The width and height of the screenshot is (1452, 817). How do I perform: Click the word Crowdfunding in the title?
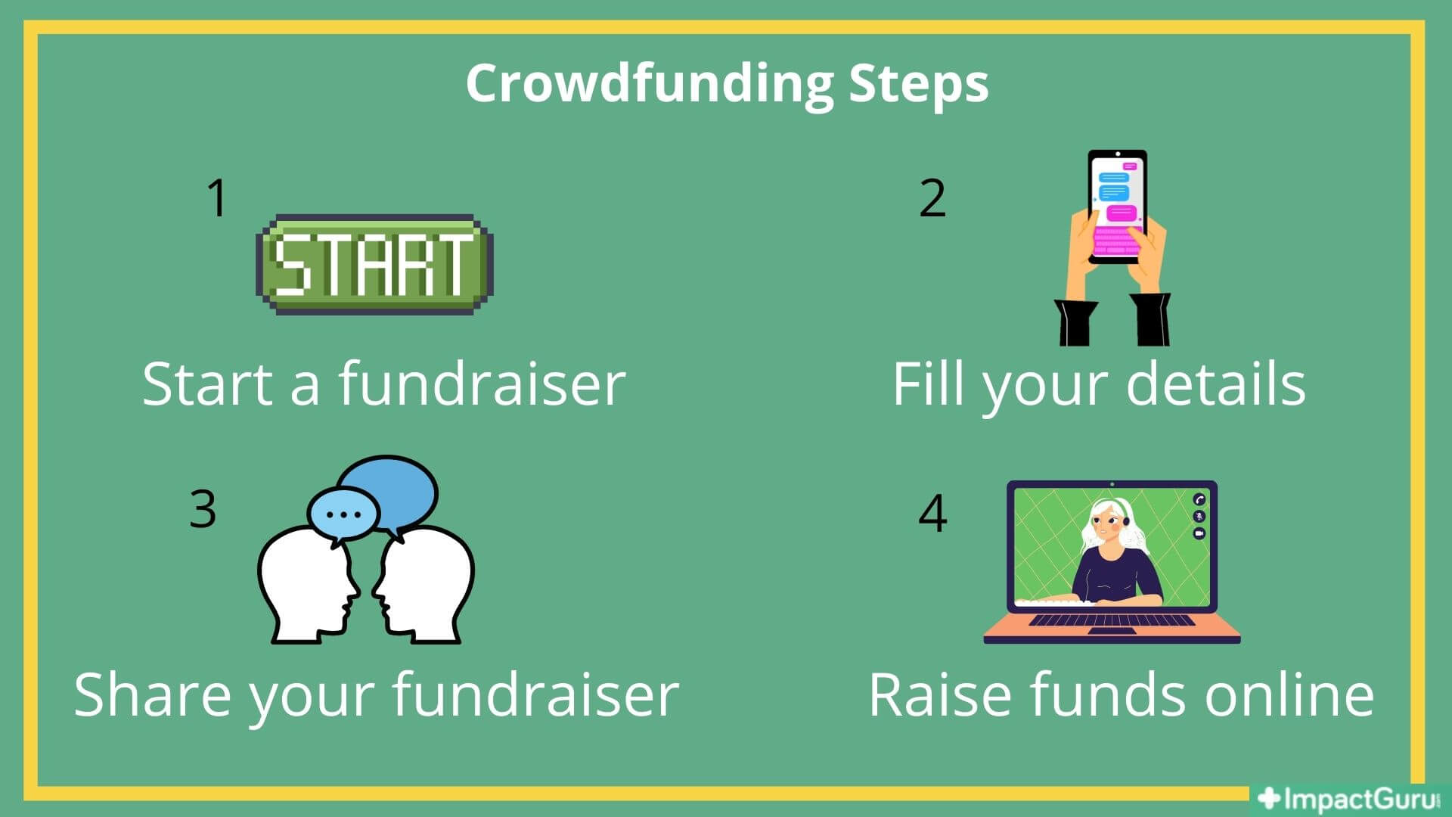[650, 84]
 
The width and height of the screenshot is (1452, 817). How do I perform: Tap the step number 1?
[218, 198]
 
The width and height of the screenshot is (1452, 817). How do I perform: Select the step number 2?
[932, 198]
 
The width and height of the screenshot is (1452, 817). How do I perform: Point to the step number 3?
[203, 508]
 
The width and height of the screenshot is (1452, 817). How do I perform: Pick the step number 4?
[932, 513]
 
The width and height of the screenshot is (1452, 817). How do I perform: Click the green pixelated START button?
[375, 264]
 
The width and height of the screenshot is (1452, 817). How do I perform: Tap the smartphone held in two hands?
[1117, 207]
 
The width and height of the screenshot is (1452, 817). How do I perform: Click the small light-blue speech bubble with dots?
[343, 516]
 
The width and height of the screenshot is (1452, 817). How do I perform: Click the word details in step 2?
[1216, 384]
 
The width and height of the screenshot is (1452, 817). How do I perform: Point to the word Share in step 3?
[152, 694]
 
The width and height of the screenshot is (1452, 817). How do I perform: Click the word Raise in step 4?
[942, 694]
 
